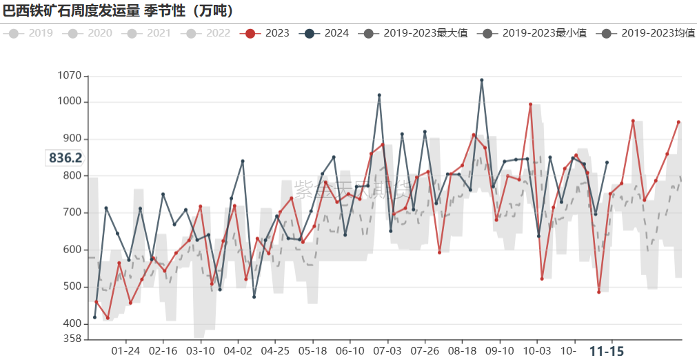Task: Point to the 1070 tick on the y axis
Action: point(69,76)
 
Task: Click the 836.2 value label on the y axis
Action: point(65,158)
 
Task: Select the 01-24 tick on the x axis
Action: point(125,351)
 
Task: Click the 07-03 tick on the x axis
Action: point(387,351)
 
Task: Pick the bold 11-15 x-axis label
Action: point(607,351)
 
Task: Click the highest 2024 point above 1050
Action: point(482,80)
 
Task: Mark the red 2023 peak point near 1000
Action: point(530,104)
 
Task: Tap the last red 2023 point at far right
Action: point(678,122)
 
